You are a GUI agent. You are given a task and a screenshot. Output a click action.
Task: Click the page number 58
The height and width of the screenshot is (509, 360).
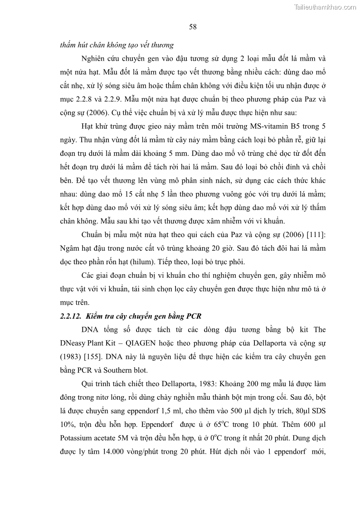point(193,27)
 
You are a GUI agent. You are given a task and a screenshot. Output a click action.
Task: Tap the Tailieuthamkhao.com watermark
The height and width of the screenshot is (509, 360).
point(325,7)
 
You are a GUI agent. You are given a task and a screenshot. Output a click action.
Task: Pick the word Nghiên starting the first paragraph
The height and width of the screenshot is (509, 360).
point(94,59)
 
